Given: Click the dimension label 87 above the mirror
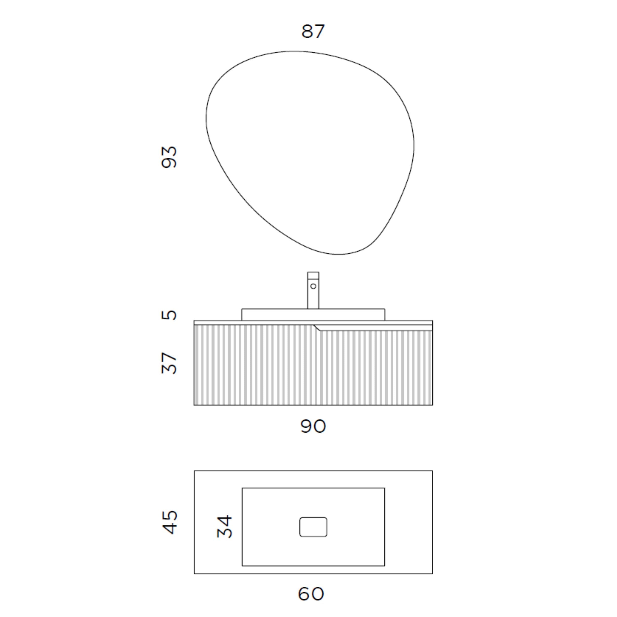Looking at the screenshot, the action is [x=313, y=31].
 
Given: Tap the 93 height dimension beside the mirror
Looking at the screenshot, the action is [x=169, y=157].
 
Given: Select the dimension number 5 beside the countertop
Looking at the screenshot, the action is [x=169, y=315].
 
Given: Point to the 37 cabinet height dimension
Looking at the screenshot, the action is [x=169, y=363].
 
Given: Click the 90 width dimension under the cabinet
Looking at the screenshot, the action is [x=313, y=426].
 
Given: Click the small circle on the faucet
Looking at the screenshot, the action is [x=313, y=286].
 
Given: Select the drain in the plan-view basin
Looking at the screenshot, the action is [x=313, y=527].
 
